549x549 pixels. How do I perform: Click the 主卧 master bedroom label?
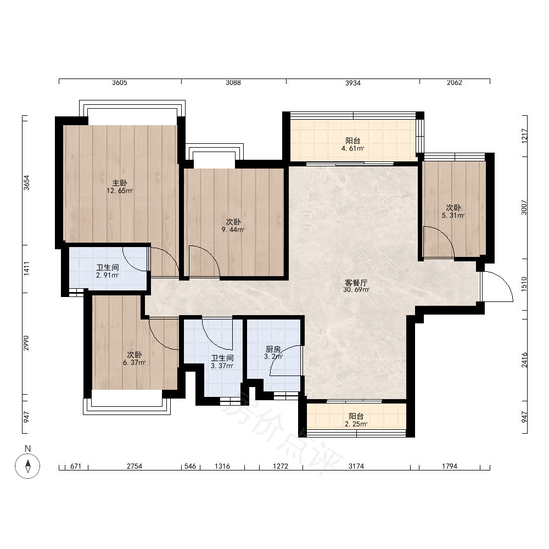pyautogui.click(x=119, y=183)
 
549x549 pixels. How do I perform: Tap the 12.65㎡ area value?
pyautogui.click(x=120, y=191)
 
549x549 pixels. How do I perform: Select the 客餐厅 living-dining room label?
pyautogui.click(x=356, y=283)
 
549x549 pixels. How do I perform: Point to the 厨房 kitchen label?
pyautogui.click(x=273, y=349)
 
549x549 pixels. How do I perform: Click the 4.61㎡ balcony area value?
pyautogui.click(x=353, y=148)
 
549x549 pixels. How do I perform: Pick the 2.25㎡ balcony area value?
pyautogui.click(x=356, y=424)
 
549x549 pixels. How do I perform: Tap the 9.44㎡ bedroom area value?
pyautogui.click(x=233, y=230)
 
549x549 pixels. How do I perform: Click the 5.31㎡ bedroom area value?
pyautogui.click(x=453, y=216)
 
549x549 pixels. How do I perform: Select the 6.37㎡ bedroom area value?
pyautogui.click(x=135, y=363)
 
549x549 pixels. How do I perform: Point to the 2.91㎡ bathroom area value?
pyautogui.click(x=108, y=276)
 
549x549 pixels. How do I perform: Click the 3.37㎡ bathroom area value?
pyautogui.click(x=222, y=366)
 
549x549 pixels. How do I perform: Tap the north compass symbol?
pyautogui.click(x=27, y=466)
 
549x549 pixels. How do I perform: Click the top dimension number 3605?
pyautogui.click(x=120, y=83)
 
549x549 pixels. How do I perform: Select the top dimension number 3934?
pyautogui.click(x=353, y=83)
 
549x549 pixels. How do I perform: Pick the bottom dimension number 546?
pyautogui.click(x=190, y=466)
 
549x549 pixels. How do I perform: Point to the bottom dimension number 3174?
pyautogui.click(x=356, y=466)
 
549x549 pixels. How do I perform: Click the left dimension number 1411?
pyautogui.click(x=26, y=268)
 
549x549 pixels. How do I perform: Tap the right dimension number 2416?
pyautogui.click(x=524, y=360)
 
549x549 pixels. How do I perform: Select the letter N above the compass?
pyautogui.click(x=27, y=449)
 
